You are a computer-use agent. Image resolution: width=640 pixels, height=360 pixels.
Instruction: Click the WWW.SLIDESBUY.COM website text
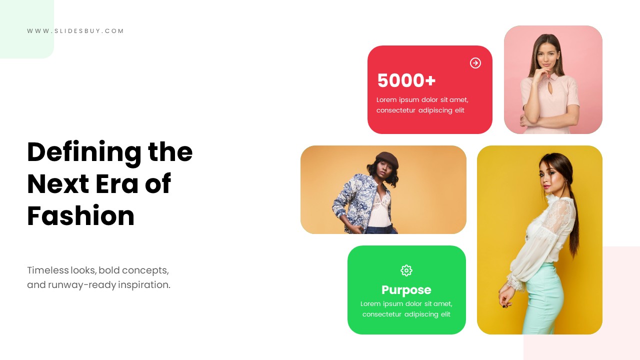click(75, 31)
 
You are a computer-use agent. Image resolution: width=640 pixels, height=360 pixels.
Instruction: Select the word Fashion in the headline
click(80, 216)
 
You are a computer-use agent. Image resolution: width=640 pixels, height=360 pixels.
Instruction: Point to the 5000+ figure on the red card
click(406, 80)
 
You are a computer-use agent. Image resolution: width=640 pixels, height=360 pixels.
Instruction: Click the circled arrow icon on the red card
click(475, 63)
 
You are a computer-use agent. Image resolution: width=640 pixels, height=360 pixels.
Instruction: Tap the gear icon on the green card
click(406, 270)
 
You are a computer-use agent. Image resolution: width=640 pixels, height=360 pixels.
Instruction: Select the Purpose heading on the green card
click(406, 290)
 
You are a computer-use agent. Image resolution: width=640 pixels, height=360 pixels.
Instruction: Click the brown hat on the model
click(387, 159)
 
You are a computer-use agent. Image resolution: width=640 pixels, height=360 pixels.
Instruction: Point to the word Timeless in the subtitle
click(47, 270)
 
